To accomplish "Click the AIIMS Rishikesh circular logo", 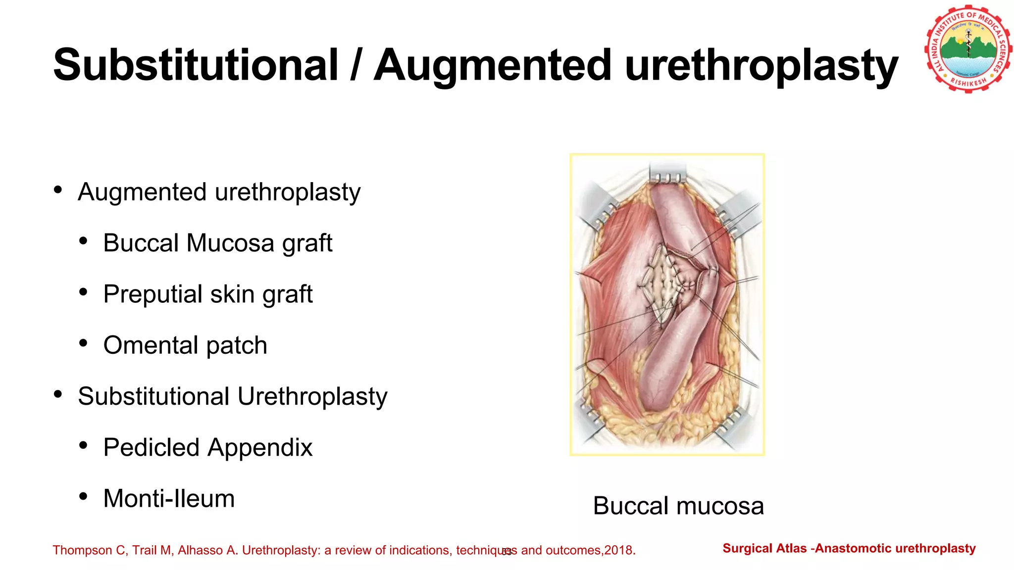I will click(x=968, y=49).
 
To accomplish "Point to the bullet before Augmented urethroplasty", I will click(x=58, y=190).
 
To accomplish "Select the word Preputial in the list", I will click(x=152, y=294).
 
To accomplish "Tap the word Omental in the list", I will click(x=151, y=345).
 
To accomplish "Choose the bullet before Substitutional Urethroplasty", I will click(x=58, y=394).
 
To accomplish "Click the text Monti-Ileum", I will click(x=169, y=498).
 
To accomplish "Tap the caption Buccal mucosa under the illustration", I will click(x=678, y=506).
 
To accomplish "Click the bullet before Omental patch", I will click(x=83, y=343).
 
